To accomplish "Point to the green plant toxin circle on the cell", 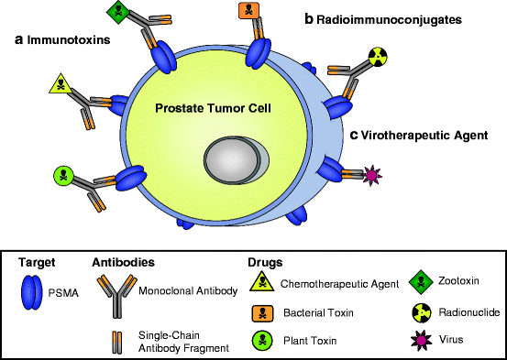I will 63,173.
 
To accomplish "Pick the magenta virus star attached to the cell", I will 373,174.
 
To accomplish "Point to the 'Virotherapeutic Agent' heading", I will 421,134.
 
